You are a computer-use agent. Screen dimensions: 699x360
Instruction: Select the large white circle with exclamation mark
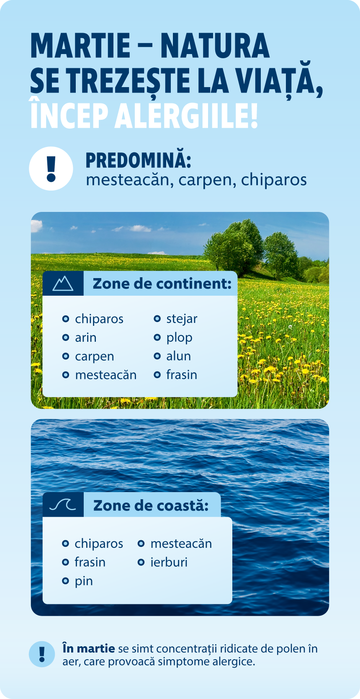click(x=51, y=168)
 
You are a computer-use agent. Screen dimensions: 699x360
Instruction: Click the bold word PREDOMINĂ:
click(x=138, y=160)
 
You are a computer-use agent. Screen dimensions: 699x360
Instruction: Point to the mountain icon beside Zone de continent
click(x=63, y=284)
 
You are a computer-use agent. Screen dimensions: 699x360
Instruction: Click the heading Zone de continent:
click(x=162, y=284)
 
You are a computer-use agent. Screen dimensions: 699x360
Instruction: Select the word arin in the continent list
click(x=85, y=338)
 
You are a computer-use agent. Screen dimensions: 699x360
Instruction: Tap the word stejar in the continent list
click(x=182, y=319)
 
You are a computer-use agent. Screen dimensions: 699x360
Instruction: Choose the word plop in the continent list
click(x=179, y=338)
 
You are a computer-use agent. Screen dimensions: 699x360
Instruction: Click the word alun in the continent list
click(x=178, y=356)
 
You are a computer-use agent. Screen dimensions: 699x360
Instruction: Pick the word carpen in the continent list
click(x=94, y=356)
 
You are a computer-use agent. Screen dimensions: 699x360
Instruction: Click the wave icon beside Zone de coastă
click(x=63, y=505)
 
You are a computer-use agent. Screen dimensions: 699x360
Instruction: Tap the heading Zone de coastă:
click(x=151, y=505)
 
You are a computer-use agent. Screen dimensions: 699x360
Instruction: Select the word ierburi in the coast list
click(x=169, y=562)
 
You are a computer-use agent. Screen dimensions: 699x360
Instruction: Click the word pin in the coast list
click(x=84, y=581)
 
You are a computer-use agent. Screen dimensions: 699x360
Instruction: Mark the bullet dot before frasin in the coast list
click(x=65, y=562)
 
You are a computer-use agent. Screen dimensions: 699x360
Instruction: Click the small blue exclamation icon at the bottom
click(x=42, y=654)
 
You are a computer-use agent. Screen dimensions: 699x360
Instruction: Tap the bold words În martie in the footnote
click(x=88, y=649)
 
